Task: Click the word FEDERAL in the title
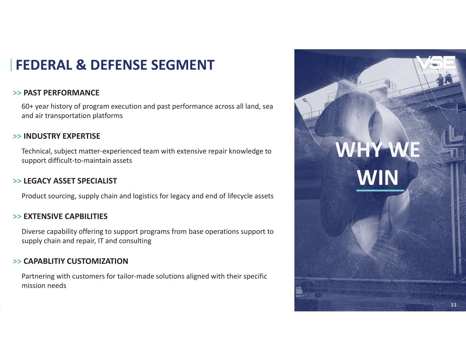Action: click(44, 65)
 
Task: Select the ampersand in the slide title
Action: click(81, 65)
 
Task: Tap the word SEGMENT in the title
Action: click(183, 65)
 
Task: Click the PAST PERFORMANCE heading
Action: click(61, 93)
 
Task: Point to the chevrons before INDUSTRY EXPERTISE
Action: click(17, 136)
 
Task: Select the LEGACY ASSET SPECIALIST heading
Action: click(70, 181)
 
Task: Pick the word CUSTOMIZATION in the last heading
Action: click(98, 261)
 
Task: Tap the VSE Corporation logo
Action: click(436, 65)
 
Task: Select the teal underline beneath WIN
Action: click(380, 190)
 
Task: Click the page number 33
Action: click(453, 305)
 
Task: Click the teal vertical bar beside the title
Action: click(11, 65)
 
